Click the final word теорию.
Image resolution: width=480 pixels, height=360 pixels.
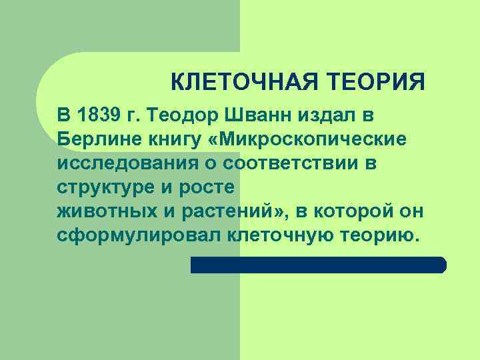(x=379, y=235)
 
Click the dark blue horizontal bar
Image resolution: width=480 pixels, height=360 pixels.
(x=318, y=265)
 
